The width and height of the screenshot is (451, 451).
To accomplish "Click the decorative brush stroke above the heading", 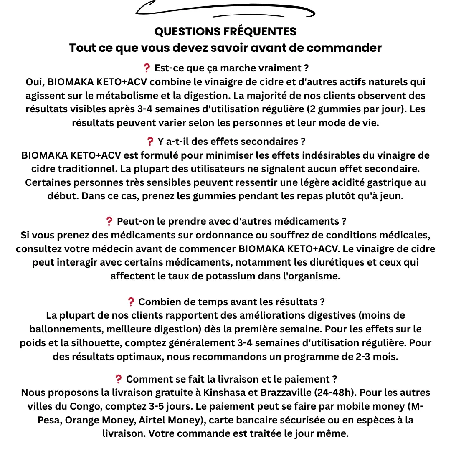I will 225,10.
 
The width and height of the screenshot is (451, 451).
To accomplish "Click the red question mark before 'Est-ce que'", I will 147,68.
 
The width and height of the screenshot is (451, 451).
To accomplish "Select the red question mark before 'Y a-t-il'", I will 150,142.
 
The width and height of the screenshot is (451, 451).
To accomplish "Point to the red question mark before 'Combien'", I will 131,302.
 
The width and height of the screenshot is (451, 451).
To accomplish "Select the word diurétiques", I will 340,263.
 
